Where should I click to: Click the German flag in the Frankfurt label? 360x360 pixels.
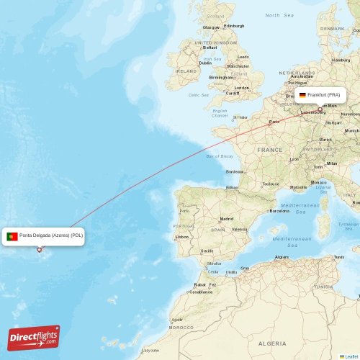(x=302, y=95)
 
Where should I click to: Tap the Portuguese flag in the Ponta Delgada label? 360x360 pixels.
(x=12, y=236)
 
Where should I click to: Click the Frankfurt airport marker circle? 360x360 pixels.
(x=320, y=109)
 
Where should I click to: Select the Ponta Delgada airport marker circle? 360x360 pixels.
(x=40, y=250)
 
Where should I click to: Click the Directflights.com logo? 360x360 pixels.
(x=34, y=337)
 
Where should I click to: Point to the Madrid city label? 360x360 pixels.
(x=227, y=218)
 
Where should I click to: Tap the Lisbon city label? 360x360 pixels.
(x=181, y=236)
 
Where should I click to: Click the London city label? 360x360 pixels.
(x=242, y=88)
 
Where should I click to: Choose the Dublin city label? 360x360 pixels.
(x=205, y=63)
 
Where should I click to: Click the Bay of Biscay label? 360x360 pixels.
(x=220, y=156)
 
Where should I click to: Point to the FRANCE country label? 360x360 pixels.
(x=270, y=150)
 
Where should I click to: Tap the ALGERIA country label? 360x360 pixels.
(x=271, y=344)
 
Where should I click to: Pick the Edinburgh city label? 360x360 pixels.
(x=234, y=27)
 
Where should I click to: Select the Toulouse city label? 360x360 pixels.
(x=270, y=184)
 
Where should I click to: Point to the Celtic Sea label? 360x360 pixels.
(x=198, y=95)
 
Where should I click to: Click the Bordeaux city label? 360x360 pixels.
(x=235, y=171)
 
